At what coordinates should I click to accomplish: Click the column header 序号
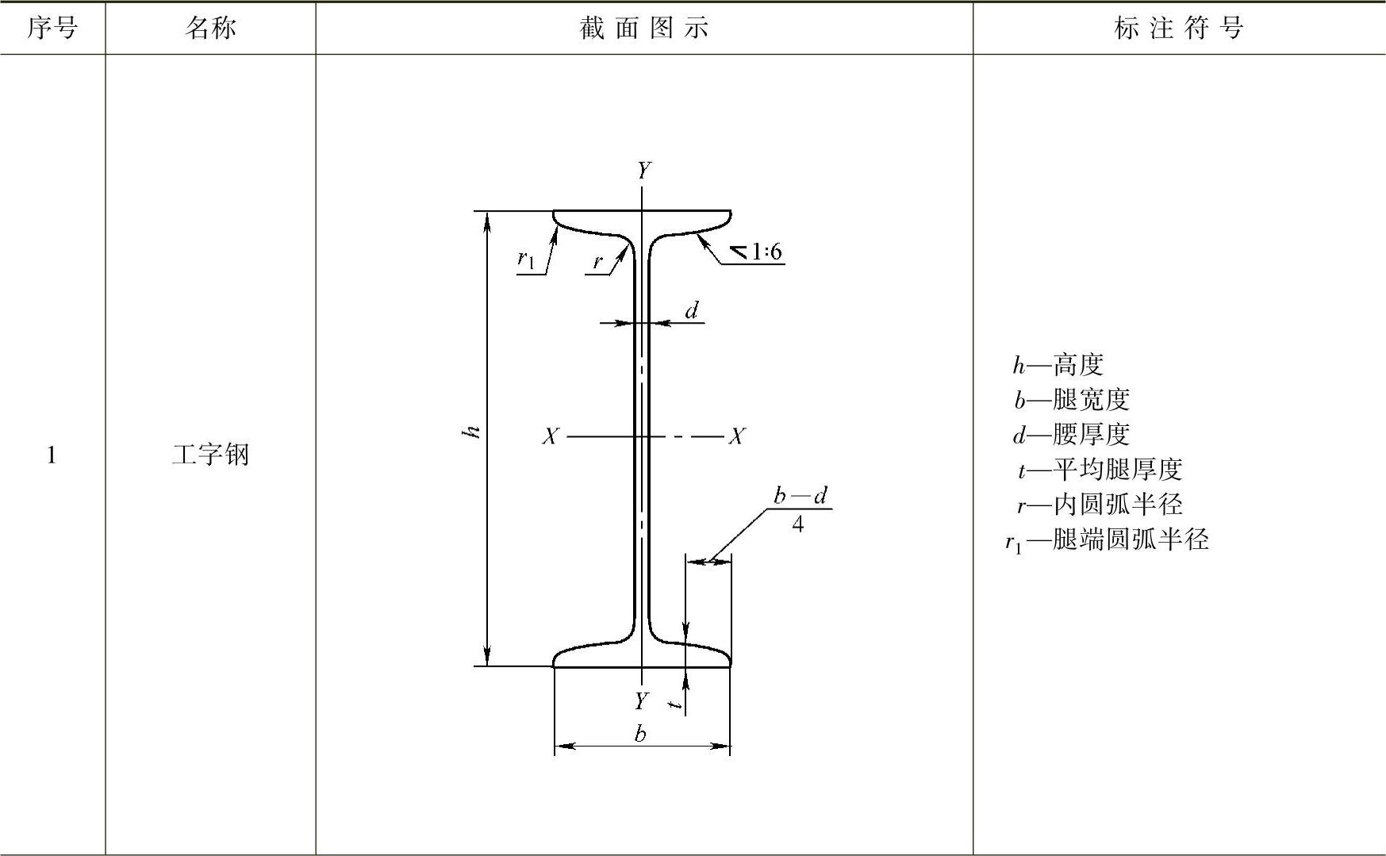tap(52, 29)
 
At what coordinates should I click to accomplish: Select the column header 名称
tap(210, 29)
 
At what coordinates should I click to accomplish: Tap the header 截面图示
tap(643, 29)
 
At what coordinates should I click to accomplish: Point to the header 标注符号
tap(1178, 29)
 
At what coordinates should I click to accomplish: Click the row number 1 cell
tap(52, 455)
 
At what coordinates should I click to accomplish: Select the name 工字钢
tap(210, 455)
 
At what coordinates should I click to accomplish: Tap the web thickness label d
tap(692, 310)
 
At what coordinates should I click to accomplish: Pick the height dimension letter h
tap(474, 432)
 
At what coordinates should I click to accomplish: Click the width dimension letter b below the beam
tap(640, 734)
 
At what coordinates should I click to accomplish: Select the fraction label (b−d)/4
tap(799, 509)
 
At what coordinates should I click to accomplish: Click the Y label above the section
tap(643, 171)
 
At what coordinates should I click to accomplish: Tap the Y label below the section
tap(641, 701)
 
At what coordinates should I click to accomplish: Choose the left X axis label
tap(550, 436)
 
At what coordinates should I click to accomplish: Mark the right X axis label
tap(737, 436)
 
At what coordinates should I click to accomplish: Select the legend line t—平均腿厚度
tap(1100, 470)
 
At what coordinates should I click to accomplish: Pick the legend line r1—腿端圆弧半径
tap(1106, 540)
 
